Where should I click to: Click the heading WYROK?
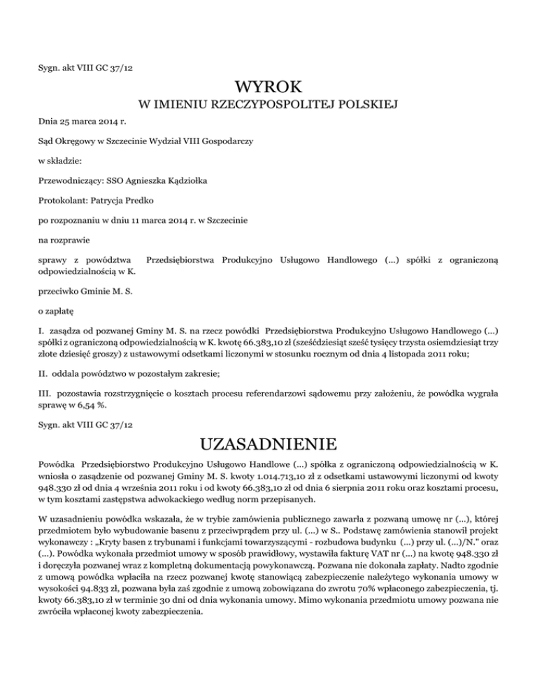268,87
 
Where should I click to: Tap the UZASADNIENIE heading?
268,445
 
